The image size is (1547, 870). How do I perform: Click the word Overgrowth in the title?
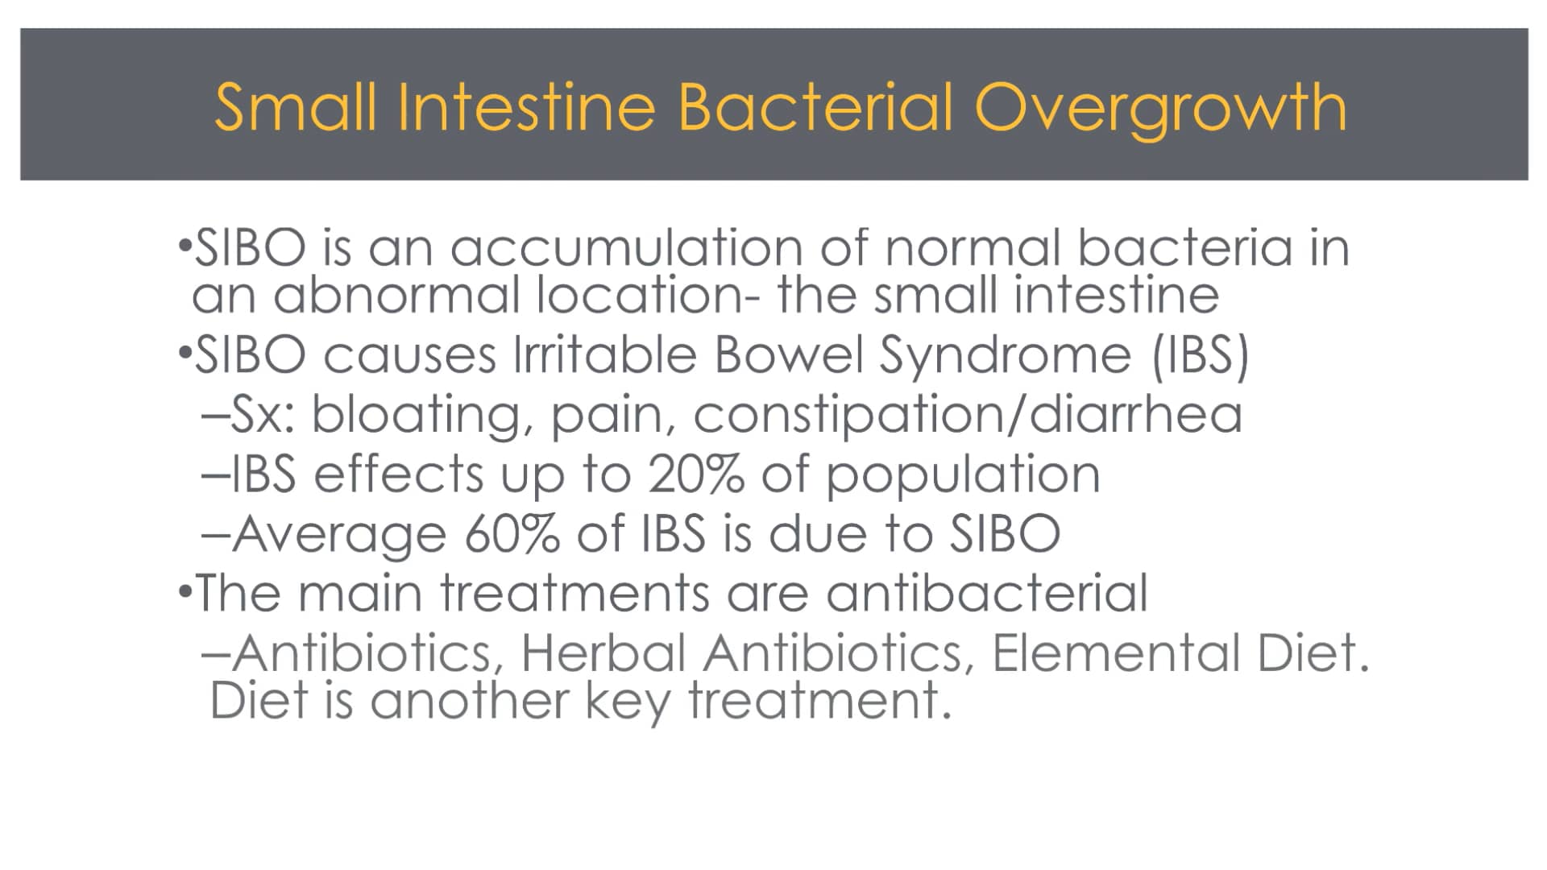click(x=1160, y=110)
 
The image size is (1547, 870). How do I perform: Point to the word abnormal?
click(x=396, y=295)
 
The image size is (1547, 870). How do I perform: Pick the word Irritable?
click(x=605, y=354)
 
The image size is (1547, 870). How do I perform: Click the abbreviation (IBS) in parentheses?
click(x=1201, y=356)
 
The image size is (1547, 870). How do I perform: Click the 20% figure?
click(x=696, y=474)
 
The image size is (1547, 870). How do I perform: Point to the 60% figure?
click(x=512, y=533)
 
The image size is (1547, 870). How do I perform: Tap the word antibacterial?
click(x=987, y=593)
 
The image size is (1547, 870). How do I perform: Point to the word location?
click(x=649, y=295)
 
